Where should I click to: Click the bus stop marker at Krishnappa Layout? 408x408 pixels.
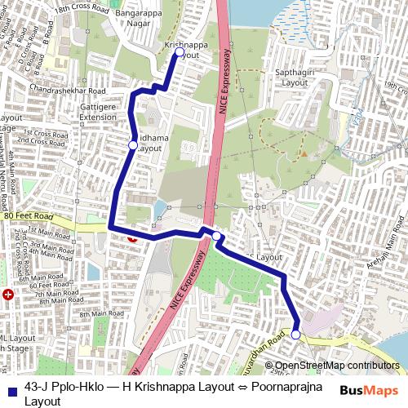180,52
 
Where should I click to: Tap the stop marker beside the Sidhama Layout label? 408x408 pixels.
132,145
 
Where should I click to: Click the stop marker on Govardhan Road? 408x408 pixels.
295,334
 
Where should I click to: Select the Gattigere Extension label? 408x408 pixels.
99,112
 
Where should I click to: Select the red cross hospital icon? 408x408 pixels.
8,294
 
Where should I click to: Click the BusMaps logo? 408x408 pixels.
366,390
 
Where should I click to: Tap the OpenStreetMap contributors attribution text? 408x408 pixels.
337,365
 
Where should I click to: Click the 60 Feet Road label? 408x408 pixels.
45,284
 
